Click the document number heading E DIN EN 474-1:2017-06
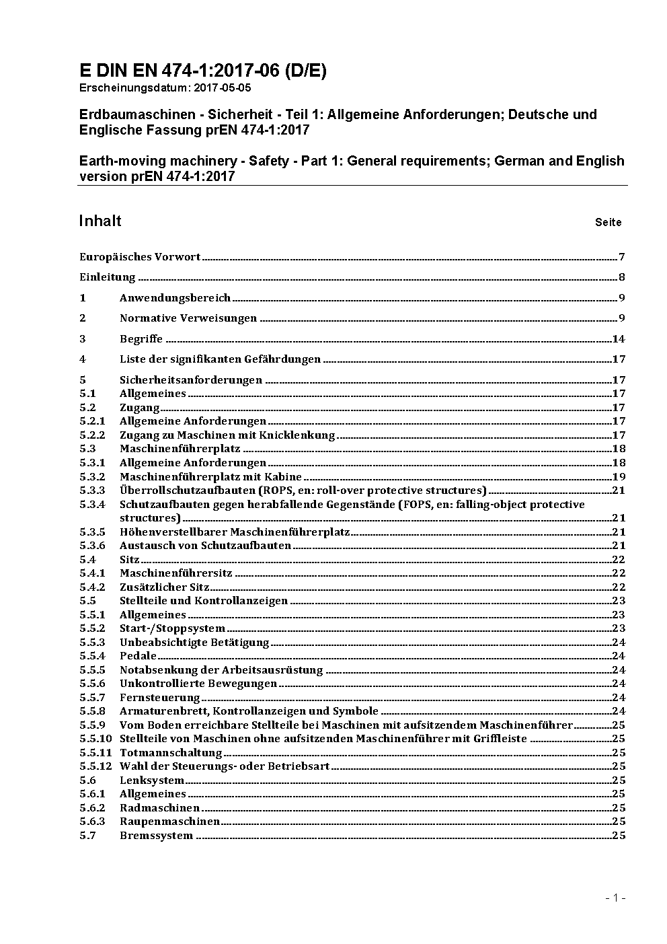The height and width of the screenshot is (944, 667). pyautogui.click(x=202, y=71)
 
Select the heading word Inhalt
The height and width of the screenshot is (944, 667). pyautogui.click(x=100, y=221)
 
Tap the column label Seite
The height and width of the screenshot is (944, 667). pyautogui.click(x=608, y=222)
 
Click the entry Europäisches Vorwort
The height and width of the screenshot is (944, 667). pyautogui.click(x=140, y=257)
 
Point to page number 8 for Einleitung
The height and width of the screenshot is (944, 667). pyautogui.click(x=622, y=277)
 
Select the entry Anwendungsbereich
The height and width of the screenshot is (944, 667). pyautogui.click(x=175, y=298)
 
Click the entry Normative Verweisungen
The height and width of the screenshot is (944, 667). pyautogui.click(x=188, y=318)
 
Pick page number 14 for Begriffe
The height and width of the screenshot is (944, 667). pyautogui.click(x=619, y=339)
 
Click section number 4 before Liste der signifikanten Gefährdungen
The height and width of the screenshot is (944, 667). pyautogui.click(x=83, y=359)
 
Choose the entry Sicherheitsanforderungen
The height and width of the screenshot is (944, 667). pyautogui.click(x=191, y=380)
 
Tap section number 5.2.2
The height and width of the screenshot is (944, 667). pyautogui.click(x=92, y=435)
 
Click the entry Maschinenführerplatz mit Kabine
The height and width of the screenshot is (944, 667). pyautogui.click(x=210, y=477)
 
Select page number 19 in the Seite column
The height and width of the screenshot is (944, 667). pyautogui.click(x=619, y=477)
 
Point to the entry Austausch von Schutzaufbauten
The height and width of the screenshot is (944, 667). pyautogui.click(x=205, y=546)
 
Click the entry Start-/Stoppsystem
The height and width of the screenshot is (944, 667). pyautogui.click(x=172, y=628)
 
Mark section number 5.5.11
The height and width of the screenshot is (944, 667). pyautogui.click(x=95, y=753)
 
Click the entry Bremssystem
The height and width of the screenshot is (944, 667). pyautogui.click(x=156, y=836)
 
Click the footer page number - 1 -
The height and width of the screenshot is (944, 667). pyautogui.click(x=615, y=898)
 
